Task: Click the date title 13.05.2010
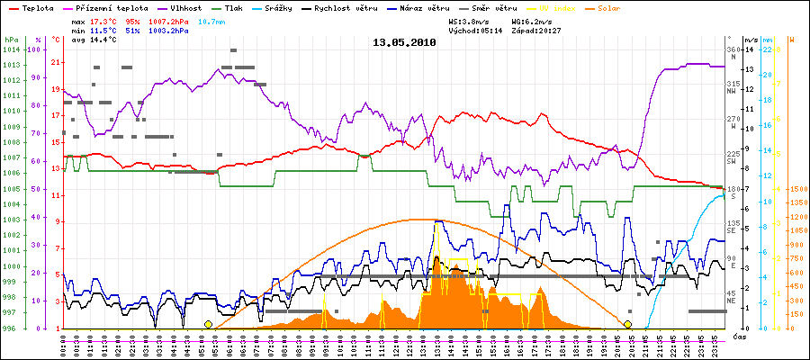tap(404, 42)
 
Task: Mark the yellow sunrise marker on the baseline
tap(209, 324)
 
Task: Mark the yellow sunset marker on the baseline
tap(627, 324)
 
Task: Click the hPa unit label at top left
tap(10, 40)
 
